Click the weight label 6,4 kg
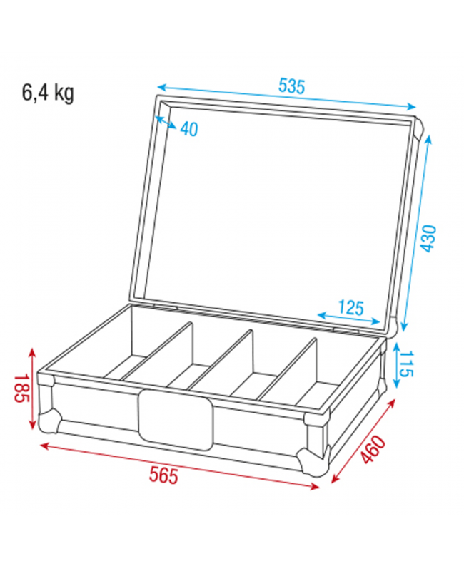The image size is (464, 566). pyautogui.click(x=49, y=93)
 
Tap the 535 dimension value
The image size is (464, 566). pyautogui.click(x=291, y=87)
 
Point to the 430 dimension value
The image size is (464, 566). pyautogui.click(x=427, y=237)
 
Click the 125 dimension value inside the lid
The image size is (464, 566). pyautogui.click(x=350, y=308)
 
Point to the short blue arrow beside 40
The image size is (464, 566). pyautogui.click(x=166, y=123)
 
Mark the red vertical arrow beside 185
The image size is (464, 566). pyautogui.click(x=32, y=389)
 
